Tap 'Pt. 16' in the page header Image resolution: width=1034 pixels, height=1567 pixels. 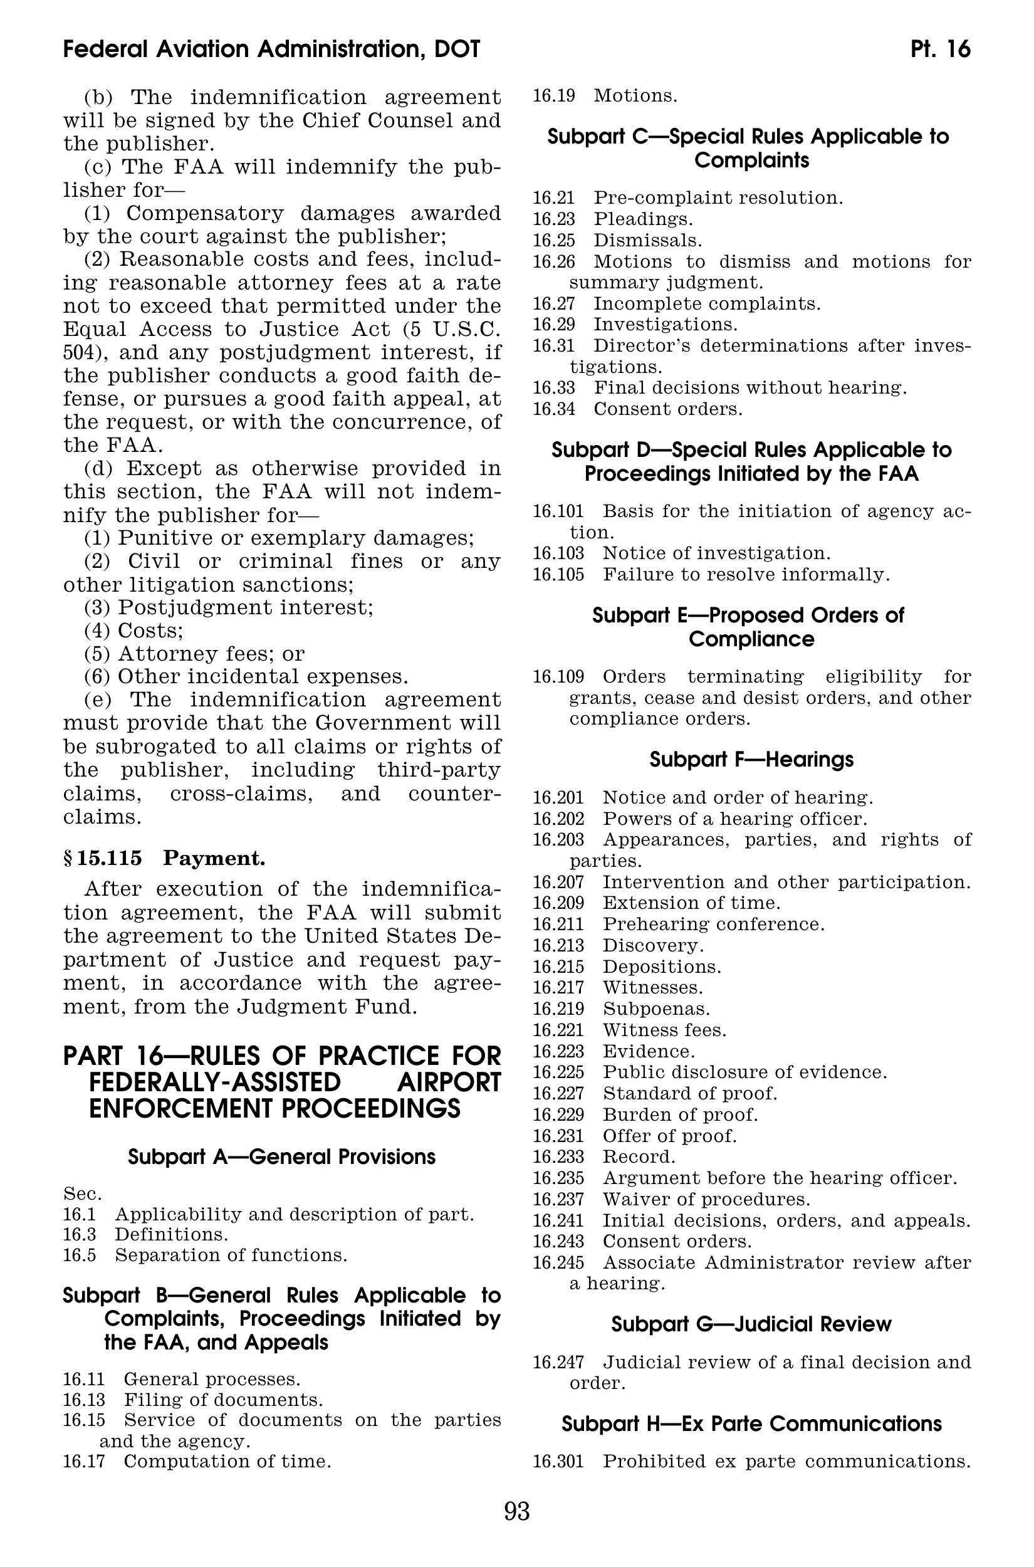click(x=941, y=50)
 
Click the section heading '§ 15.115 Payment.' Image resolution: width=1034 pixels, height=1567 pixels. click(x=164, y=858)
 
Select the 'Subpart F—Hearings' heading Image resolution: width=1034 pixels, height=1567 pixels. click(x=751, y=759)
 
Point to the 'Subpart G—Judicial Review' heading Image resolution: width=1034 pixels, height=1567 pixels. click(x=751, y=1324)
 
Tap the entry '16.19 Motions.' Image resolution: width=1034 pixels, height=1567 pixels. click(x=605, y=96)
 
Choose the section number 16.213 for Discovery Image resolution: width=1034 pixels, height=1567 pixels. click(x=558, y=945)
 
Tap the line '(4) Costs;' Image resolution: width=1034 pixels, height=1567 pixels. click(x=134, y=631)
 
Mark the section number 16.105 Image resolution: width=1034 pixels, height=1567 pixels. click(x=558, y=574)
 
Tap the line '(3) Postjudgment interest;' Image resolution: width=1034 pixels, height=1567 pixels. click(x=229, y=607)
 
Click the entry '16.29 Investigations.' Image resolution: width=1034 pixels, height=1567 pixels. click(x=634, y=325)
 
